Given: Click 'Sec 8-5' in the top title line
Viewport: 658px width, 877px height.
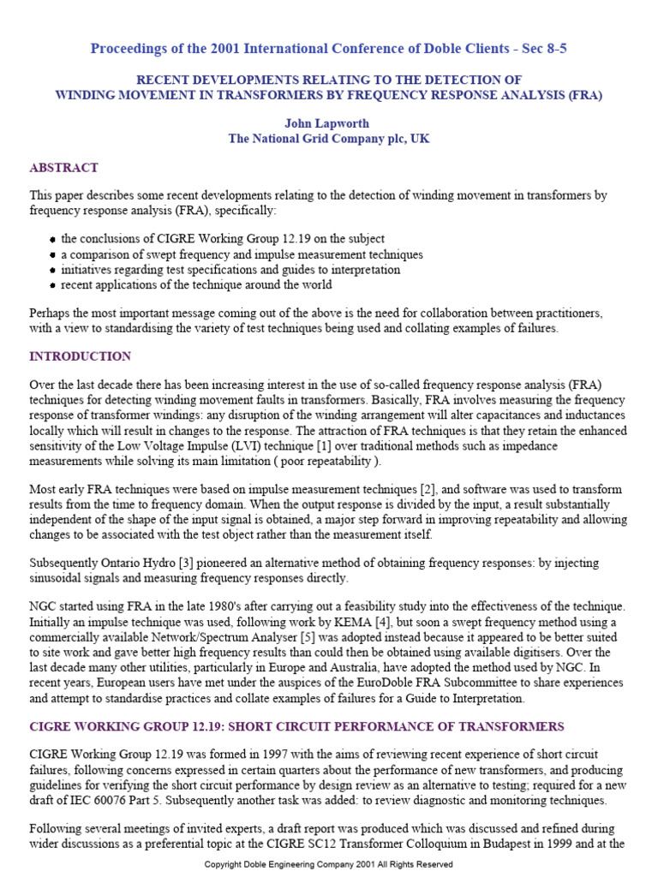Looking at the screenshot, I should pyautogui.click(x=540, y=49).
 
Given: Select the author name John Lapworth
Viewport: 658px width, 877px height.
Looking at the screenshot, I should pyautogui.click(x=328, y=123).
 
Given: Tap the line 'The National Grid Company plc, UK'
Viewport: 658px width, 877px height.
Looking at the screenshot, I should pyautogui.click(x=328, y=139).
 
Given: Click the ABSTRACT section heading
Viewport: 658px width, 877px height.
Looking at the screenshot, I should pyautogui.click(x=63, y=168).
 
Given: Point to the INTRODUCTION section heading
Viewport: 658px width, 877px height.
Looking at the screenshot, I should pyautogui.click(x=81, y=356).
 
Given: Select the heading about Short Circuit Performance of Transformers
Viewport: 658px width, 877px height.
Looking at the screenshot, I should pyautogui.click(x=296, y=727).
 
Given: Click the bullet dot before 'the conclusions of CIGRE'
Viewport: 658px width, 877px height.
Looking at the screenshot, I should pyautogui.click(x=53, y=240).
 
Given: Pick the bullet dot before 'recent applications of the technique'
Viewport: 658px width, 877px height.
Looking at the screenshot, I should pyautogui.click(x=53, y=285).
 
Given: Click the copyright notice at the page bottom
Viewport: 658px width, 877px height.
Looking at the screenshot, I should pyautogui.click(x=328, y=865).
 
